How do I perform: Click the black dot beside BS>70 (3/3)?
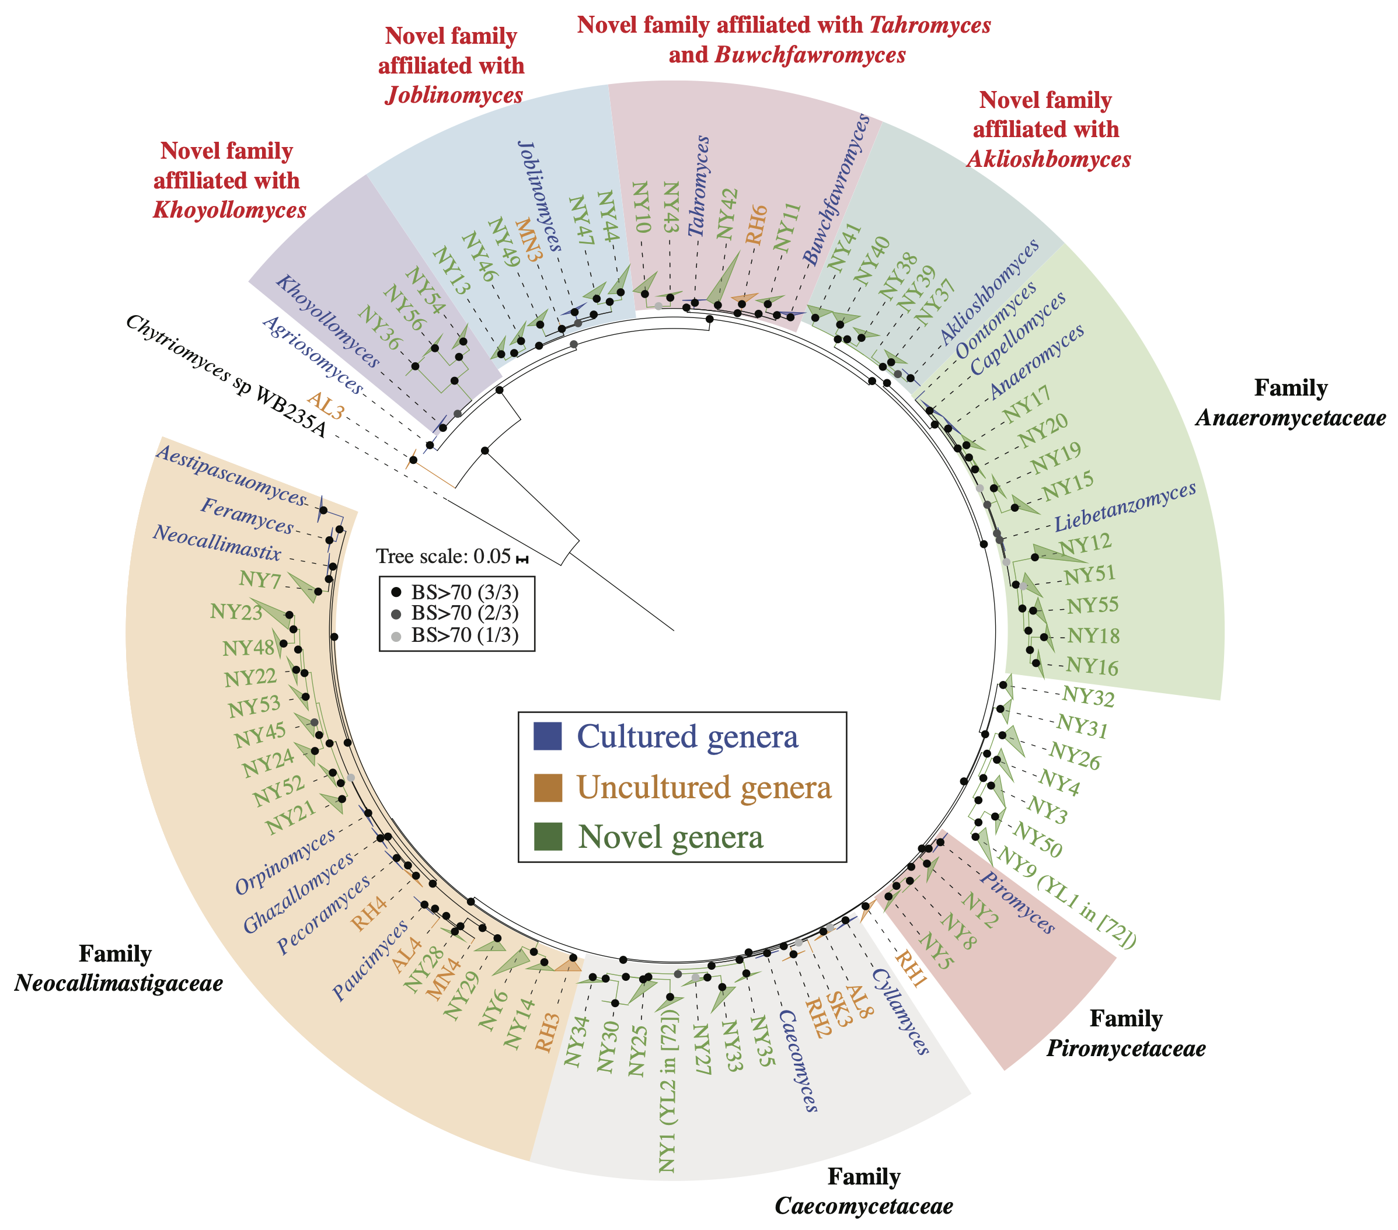pyautogui.click(x=395, y=592)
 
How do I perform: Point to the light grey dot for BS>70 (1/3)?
pyautogui.click(x=395, y=637)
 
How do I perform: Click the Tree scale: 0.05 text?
pyautogui.click(x=443, y=557)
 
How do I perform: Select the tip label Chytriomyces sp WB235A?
pyautogui.click(x=226, y=377)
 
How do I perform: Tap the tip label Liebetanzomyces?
pyautogui.click(x=1125, y=506)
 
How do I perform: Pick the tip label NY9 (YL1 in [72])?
pyautogui.click(x=1068, y=896)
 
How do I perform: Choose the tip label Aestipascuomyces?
pyautogui.click(x=230, y=474)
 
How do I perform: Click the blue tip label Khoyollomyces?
pyautogui.click(x=327, y=322)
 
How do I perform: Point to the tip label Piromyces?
pyautogui.click(x=1018, y=903)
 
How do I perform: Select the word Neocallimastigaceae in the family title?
pyautogui.click(x=118, y=983)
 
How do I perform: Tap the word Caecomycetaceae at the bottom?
pyautogui.click(x=863, y=1206)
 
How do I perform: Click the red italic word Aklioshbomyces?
pyautogui.click(x=1048, y=159)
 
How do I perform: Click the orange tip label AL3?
pyautogui.click(x=325, y=407)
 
